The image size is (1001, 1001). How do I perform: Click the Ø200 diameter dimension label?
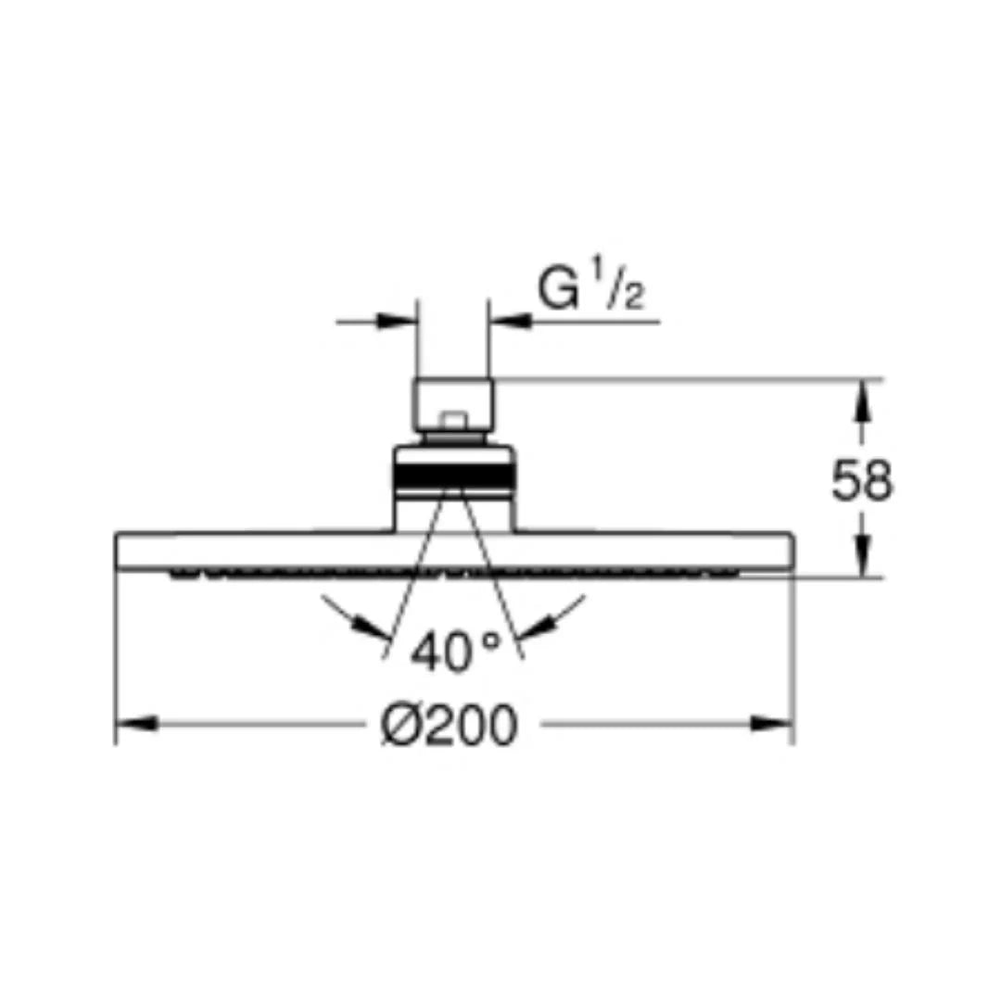450,725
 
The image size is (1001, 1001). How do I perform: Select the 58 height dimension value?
861,481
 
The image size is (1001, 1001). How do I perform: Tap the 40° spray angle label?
455,653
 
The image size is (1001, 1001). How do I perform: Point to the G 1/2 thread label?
590,290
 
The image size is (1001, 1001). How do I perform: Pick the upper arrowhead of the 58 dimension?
861,398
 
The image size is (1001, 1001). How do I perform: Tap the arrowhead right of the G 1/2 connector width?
511,322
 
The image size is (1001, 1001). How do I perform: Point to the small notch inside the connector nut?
454,421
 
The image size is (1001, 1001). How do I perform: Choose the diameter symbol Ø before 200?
401,725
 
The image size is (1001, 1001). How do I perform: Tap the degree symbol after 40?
490,640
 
